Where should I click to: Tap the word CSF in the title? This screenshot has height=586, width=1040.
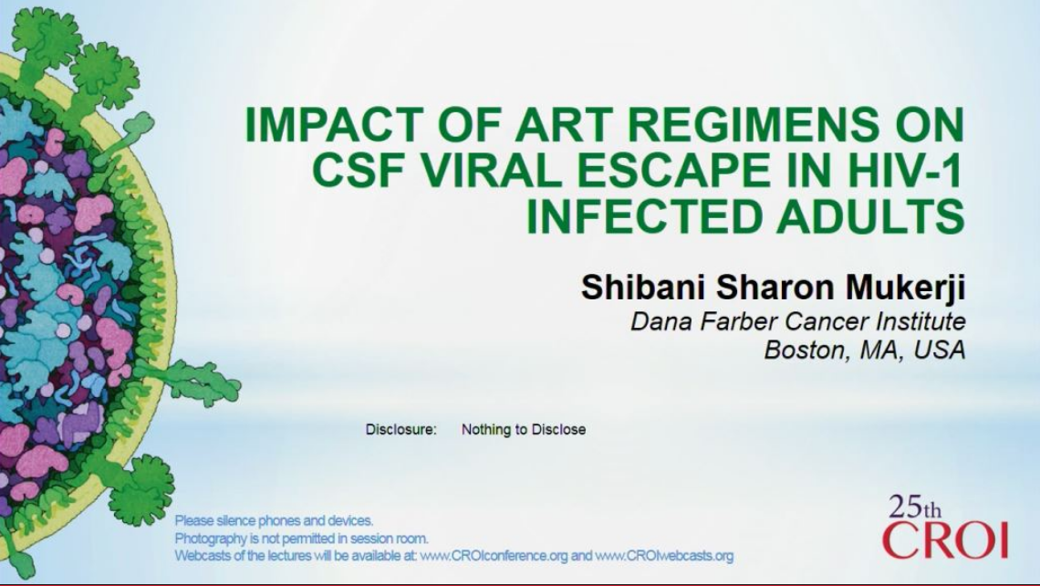click(358, 173)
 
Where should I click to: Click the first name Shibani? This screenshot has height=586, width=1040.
click(639, 286)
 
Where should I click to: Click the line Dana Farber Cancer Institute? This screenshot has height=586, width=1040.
click(797, 321)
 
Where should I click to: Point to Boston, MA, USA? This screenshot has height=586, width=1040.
click(864, 351)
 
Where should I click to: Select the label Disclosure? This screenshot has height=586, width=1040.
click(400, 429)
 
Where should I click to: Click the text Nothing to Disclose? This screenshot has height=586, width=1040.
click(524, 429)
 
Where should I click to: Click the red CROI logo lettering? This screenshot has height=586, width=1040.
click(944, 539)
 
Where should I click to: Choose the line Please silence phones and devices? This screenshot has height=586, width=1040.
click(274, 520)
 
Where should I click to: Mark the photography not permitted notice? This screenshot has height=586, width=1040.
click(301, 539)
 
